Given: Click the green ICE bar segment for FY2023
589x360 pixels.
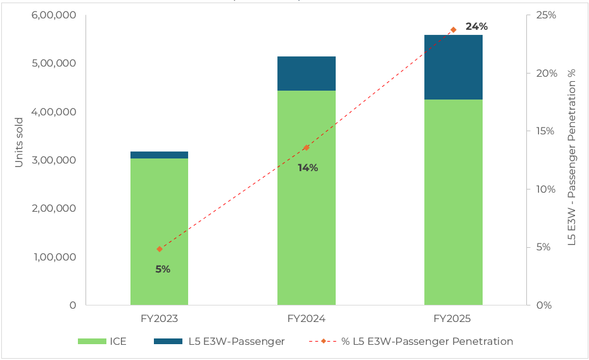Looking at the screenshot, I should click(x=159, y=231).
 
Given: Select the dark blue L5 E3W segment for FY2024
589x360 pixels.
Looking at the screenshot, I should click(x=306, y=74).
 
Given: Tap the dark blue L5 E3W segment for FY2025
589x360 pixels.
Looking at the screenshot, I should click(x=453, y=67).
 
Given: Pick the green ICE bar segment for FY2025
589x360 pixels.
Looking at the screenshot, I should click(x=453, y=202).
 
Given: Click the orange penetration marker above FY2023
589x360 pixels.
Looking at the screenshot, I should click(x=160, y=249).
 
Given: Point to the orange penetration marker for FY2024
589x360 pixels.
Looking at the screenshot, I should click(x=307, y=148).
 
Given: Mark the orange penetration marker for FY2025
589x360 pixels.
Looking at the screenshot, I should click(x=453, y=30).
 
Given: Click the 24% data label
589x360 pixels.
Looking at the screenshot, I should click(x=476, y=27).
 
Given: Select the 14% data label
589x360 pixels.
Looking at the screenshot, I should click(x=308, y=168).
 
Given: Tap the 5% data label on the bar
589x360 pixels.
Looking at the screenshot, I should click(x=163, y=269).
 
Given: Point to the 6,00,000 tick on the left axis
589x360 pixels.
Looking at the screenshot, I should click(x=54, y=15).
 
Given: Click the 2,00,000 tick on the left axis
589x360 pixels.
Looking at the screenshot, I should click(x=54, y=209).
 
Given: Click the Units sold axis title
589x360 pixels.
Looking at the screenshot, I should click(x=19, y=142).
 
